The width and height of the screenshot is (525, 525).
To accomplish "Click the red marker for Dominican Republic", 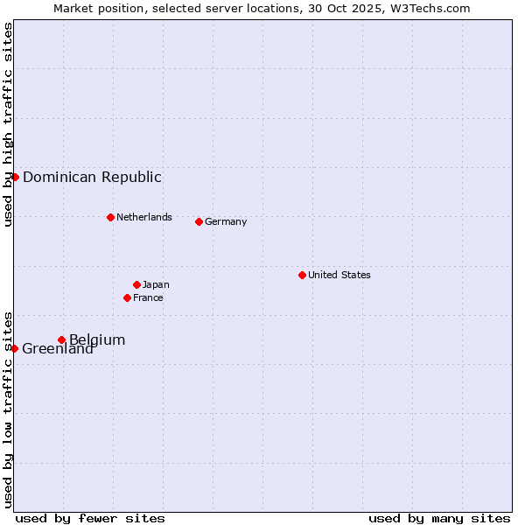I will (15, 177).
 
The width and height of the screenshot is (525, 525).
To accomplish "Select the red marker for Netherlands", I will (110, 217).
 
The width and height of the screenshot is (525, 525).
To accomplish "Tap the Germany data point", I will (199, 221).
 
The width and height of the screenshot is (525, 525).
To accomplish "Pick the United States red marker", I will (302, 275).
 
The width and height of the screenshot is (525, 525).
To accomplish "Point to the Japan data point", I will (136, 284).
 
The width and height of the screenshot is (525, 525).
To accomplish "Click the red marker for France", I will (127, 297).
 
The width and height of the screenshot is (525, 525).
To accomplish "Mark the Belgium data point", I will (61, 339).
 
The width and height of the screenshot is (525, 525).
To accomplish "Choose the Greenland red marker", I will (15, 348).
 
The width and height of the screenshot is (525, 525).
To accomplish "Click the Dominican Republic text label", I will (92, 177).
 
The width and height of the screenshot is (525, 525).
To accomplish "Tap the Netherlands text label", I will (144, 217).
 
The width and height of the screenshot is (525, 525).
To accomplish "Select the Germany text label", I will (226, 221).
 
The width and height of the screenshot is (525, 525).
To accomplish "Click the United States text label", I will (339, 275).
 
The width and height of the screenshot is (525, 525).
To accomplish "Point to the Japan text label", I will (156, 284).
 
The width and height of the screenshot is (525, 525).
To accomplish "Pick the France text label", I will (148, 297).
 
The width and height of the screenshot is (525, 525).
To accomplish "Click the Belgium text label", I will (97, 339).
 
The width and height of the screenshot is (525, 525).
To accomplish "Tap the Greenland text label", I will (58, 349).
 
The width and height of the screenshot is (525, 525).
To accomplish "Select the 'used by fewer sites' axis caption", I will (90, 518).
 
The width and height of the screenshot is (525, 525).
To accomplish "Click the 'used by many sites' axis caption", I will (439, 518).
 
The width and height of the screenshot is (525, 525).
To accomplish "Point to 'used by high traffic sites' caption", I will (8, 124).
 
